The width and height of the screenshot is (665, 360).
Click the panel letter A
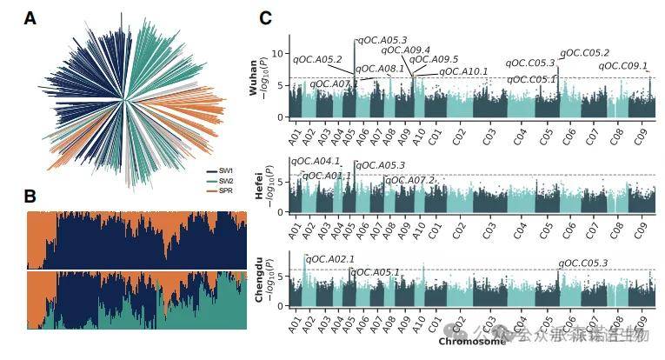(x=30, y=17)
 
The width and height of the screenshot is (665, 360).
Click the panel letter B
(x=30, y=197)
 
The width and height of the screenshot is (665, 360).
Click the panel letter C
(x=265, y=17)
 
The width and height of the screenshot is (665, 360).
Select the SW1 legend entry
(x=225, y=170)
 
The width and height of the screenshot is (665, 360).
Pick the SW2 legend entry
(x=225, y=180)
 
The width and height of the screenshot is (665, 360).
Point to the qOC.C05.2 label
(x=584, y=54)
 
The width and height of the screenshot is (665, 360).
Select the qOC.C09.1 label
(x=623, y=66)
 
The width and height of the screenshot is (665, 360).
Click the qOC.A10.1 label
(x=463, y=71)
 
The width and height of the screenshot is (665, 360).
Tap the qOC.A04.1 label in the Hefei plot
(x=316, y=161)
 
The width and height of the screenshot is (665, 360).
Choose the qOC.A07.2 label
(x=409, y=180)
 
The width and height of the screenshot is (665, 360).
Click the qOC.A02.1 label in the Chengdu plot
(x=330, y=259)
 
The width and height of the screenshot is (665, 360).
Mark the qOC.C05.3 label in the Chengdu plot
(x=583, y=263)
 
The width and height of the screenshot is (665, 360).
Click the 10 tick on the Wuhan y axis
(x=279, y=54)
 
